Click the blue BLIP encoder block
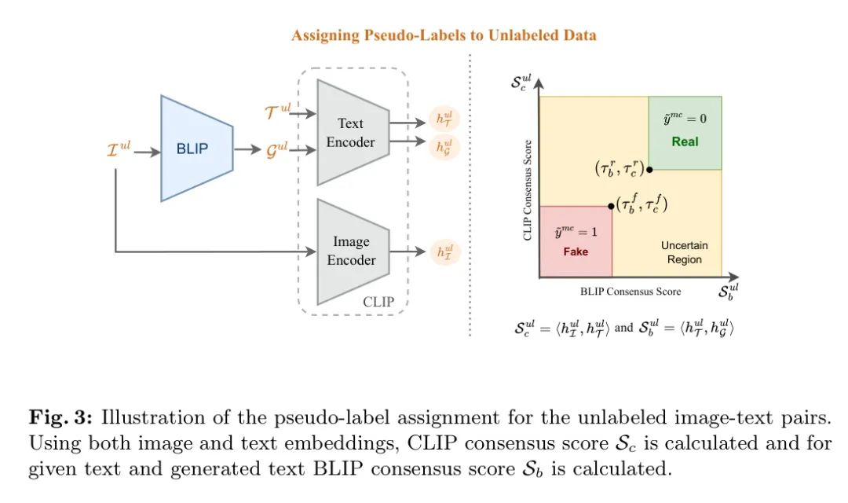coord(196,148)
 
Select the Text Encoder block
coord(351,132)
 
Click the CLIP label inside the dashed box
coord(380,301)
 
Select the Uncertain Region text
coord(684,252)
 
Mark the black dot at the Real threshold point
coord(649,169)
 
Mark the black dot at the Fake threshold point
coord(612,206)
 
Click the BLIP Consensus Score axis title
coord(631,292)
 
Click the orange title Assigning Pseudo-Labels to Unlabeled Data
coord(444,35)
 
